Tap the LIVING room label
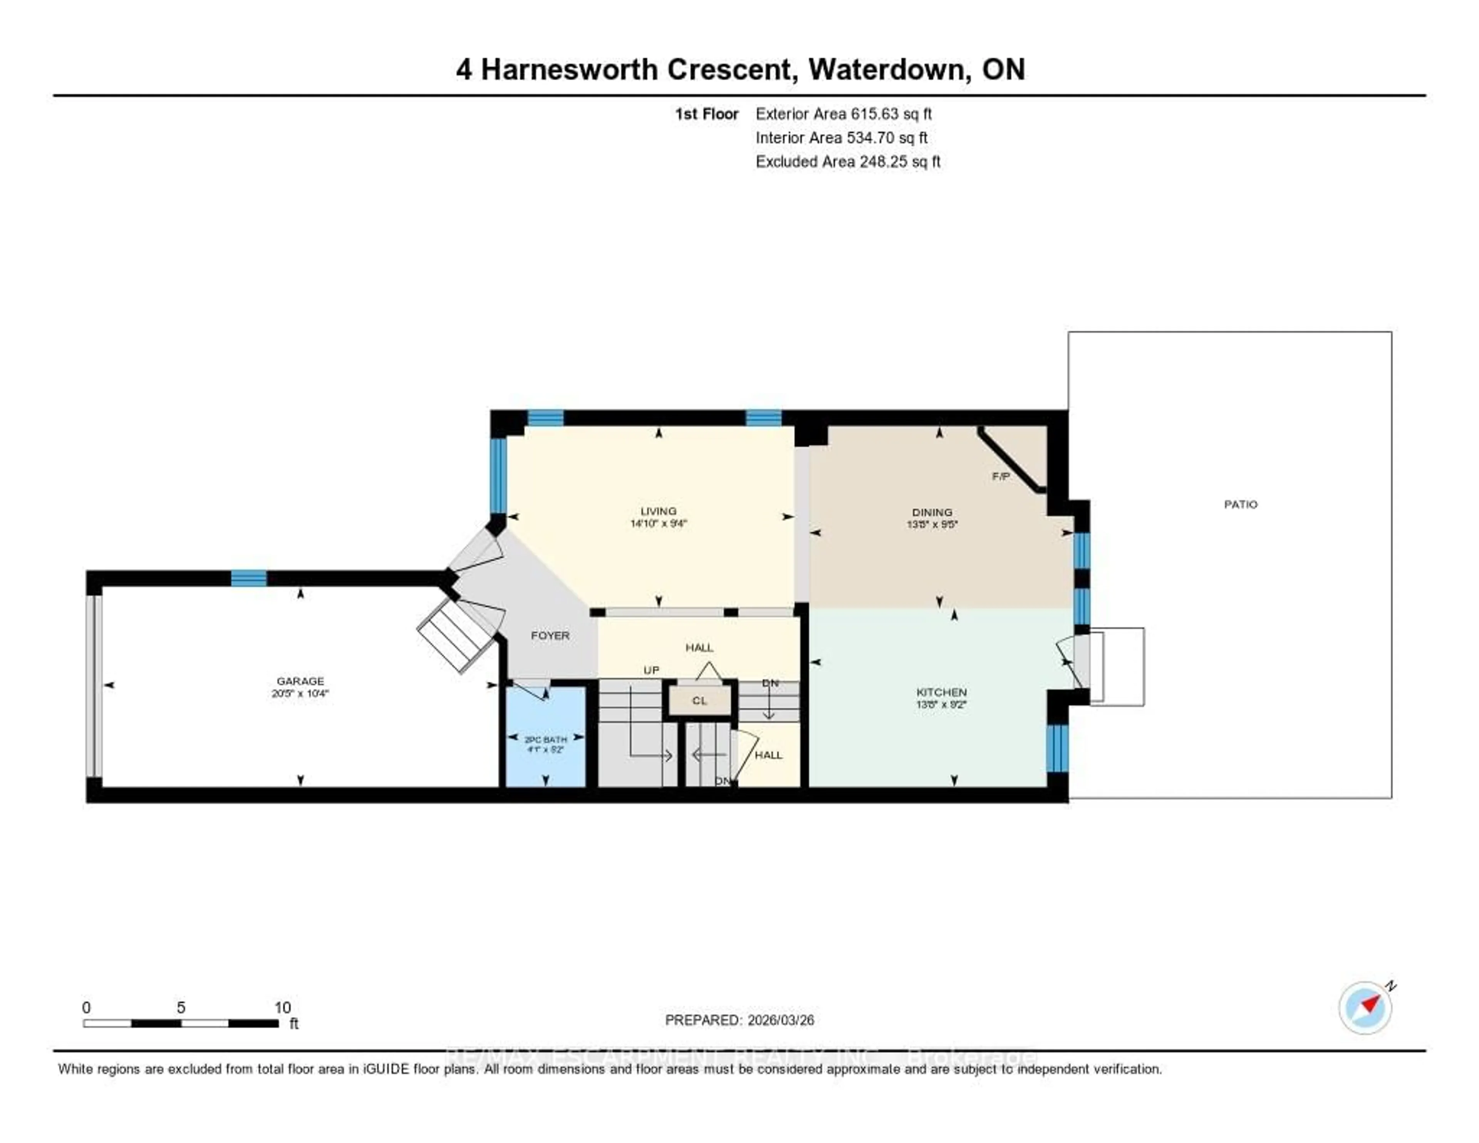(658, 511)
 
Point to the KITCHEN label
(941, 692)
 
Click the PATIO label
(1241, 504)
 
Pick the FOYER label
(550, 635)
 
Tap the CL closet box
(699, 701)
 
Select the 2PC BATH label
(546, 739)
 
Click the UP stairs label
(651, 670)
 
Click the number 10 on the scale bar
(282, 1007)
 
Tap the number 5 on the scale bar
(181, 1007)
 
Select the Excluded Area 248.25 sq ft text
(848, 161)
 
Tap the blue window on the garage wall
(248, 578)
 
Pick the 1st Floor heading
(706, 114)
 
